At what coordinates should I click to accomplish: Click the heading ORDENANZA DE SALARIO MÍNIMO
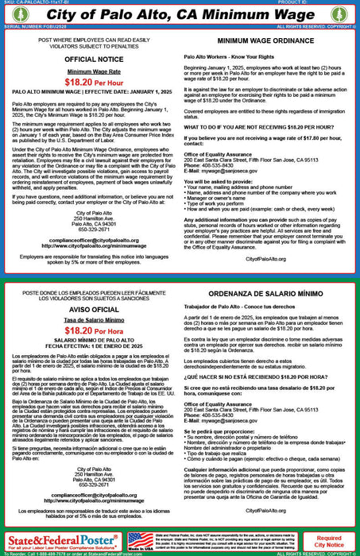pyautogui.click(x=267, y=293)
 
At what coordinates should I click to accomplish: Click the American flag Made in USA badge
pyautogui.click(x=140, y=541)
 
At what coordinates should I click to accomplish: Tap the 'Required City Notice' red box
pyautogui.click(x=329, y=541)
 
